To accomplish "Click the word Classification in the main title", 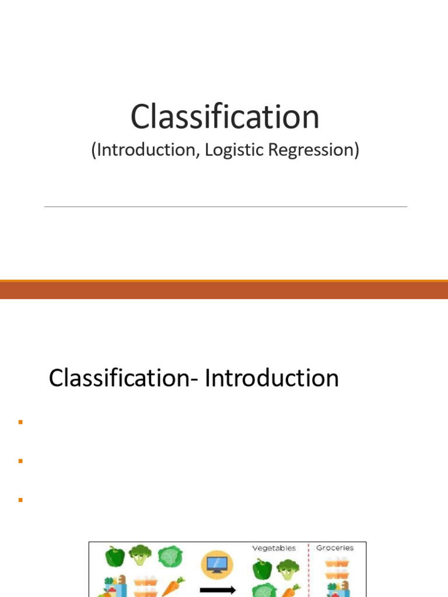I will coord(225,116).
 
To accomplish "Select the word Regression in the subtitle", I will coord(313,150).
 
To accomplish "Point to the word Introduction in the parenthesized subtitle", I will coord(139,150).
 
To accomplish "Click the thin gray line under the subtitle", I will coord(225,206).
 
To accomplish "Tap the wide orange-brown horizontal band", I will coord(224,290).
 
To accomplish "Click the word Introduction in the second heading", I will coord(272,378).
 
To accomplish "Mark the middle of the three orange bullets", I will coord(19,461).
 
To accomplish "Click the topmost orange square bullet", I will coord(19,422).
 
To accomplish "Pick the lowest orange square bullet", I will coord(19,500).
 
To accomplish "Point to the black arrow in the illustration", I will coord(217,590).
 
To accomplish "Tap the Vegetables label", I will coord(274,548).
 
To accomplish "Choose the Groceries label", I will coord(335,548).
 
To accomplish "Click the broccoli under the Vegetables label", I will coord(287,568).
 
